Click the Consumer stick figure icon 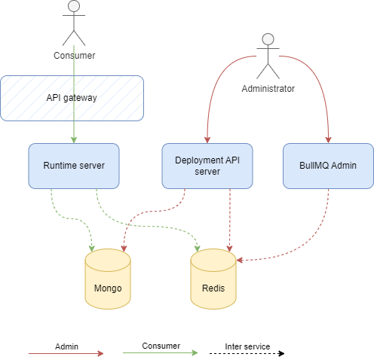(73, 23)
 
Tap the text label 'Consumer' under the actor (74, 56)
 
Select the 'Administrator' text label (268, 89)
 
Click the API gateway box (72, 98)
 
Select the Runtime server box (73, 166)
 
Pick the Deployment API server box (207, 166)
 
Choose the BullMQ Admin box (328, 166)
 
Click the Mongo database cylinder (107, 280)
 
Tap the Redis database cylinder (213, 280)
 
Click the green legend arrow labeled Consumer (161, 352)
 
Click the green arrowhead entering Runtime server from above (73, 139)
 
